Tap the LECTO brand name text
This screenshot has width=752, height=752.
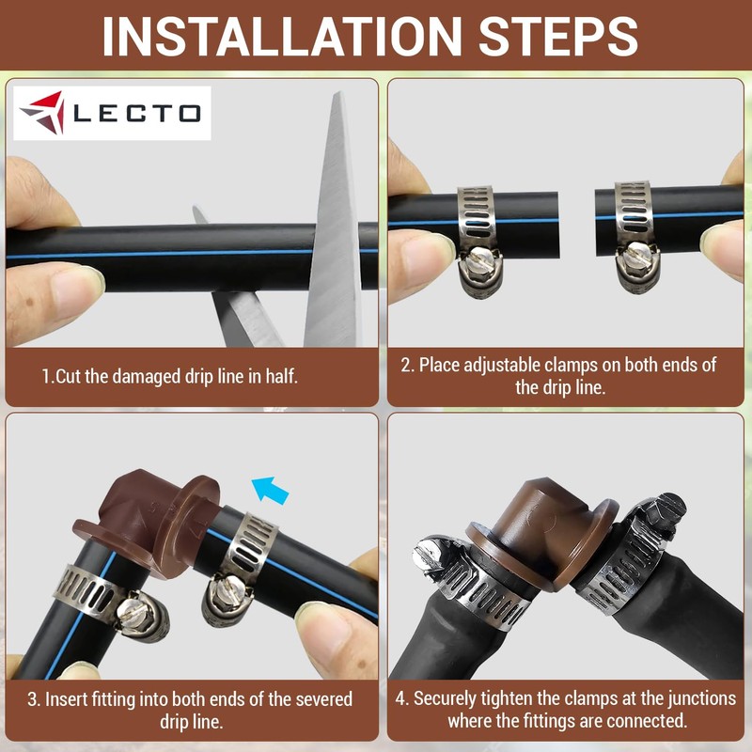pyautogui.click(x=136, y=114)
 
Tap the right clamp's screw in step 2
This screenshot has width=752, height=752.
pyautogui.click(x=640, y=256)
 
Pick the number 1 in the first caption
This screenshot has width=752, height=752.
pyautogui.click(x=45, y=378)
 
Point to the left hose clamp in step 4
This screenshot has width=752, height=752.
pyautogui.click(x=461, y=573)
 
